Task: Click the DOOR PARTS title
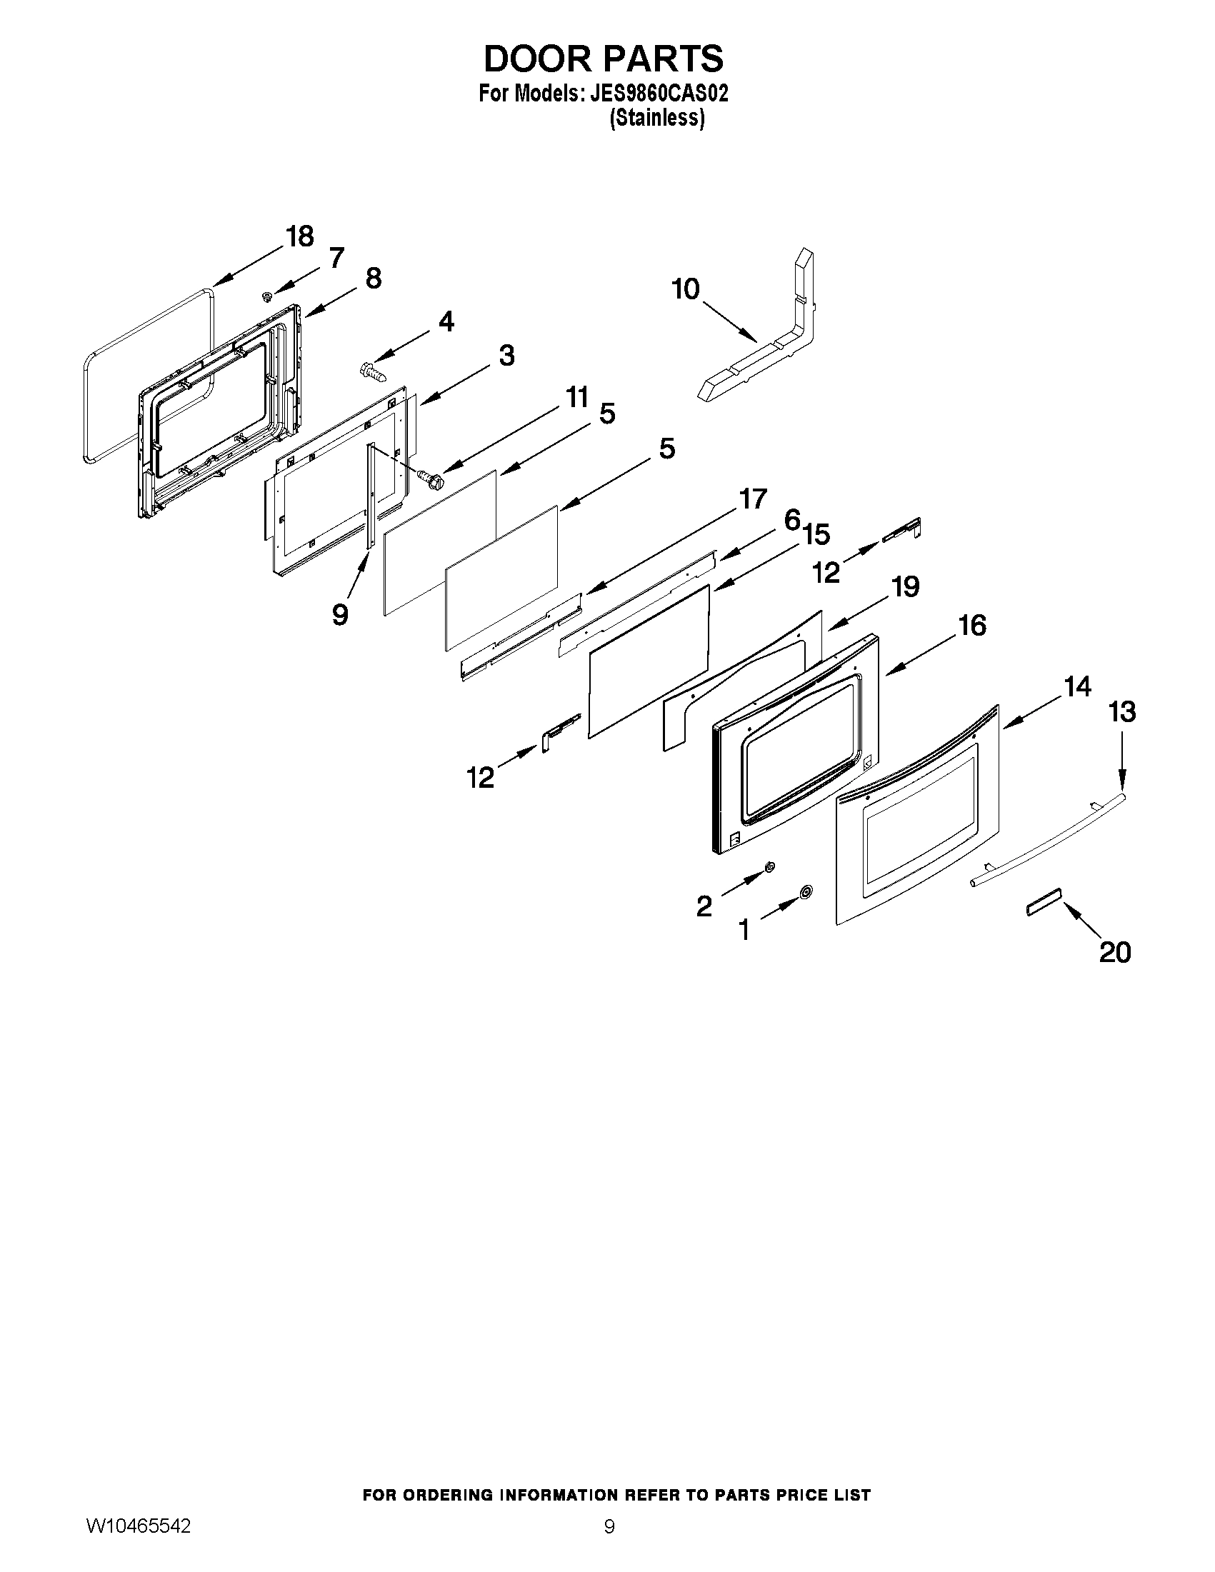[x=603, y=59]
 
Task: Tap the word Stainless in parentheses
[x=656, y=118]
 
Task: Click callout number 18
[x=299, y=236]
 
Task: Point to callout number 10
[x=685, y=289]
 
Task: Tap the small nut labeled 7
[x=267, y=296]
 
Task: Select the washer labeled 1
[x=806, y=893]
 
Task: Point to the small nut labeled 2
[x=769, y=866]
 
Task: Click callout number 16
[x=972, y=626]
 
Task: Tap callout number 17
[x=753, y=498]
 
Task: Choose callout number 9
[x=340, y=614]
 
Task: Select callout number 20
[x=1114, y=952]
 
